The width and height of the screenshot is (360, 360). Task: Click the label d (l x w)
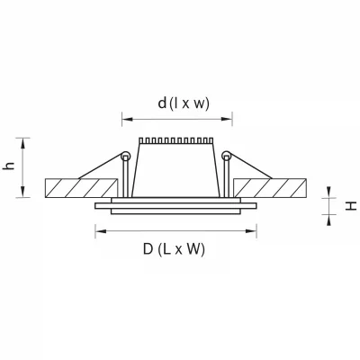184,103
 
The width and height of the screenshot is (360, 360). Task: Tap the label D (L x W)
174,249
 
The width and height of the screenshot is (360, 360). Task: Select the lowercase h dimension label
9,166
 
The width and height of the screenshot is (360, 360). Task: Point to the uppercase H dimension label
351,206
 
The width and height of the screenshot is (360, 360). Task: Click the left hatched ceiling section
81,188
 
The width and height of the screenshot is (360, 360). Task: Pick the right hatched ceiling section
270,188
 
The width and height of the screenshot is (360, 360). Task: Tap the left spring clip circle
125,156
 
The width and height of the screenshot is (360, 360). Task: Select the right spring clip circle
226,156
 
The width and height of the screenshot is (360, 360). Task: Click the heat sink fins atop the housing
175,140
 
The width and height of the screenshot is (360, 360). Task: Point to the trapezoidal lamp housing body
175,170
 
